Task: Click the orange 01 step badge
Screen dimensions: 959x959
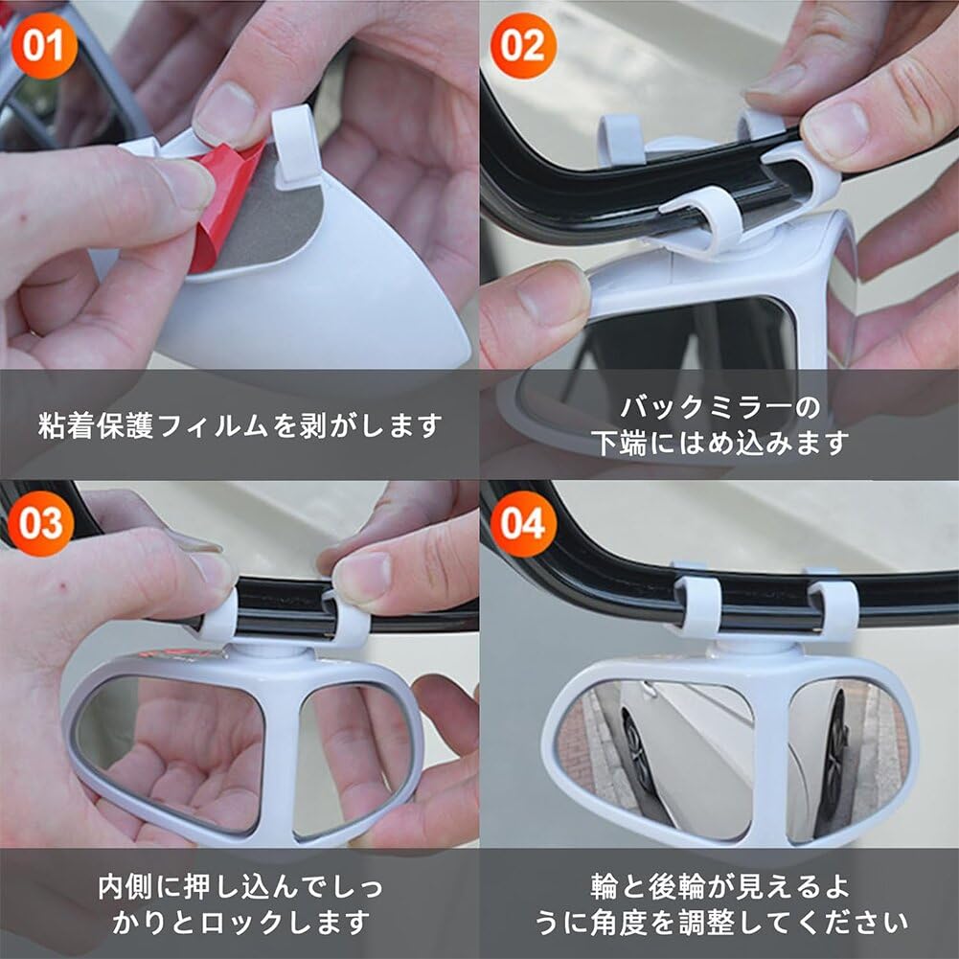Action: pyautogui.click(x=44, y=45)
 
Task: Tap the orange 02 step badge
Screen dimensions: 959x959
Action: pyautogui.click(x=523, y=45)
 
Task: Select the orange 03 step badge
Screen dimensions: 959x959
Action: pyautogui.click(x=40, y=524)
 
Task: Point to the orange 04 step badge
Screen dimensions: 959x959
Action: pyautogui.click(x=523, y=524)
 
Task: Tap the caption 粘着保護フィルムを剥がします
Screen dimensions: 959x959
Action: pyautogui.click(x=240, y=424)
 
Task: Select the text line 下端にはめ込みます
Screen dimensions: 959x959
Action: pyautogui.click(x=719, y=443)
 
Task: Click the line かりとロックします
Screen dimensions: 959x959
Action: pyautogui.click(x=240, y=923)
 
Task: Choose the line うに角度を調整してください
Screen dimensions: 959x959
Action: pyautogui.click(x=719, y=923)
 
